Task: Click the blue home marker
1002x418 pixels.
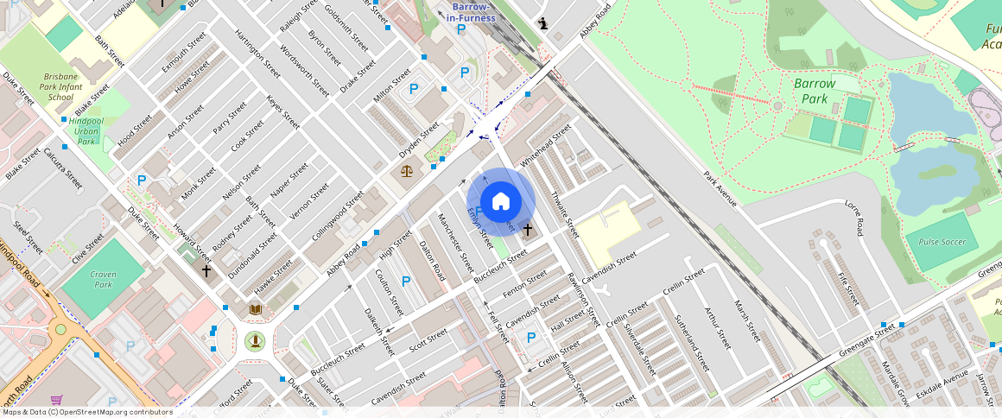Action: pyautogui.click(x=501, y=202)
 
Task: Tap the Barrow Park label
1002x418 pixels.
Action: pyautogui.click(x=815, y=91)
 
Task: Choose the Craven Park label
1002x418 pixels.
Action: pyautogui.click(x=103, y=278)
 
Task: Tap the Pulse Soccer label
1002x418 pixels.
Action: pyautogui.click(x=941, y=243)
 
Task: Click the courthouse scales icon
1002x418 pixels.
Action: pyautogui.click(x=407, y=170)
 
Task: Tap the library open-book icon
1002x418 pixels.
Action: pyautogui.click(x=255, y=308)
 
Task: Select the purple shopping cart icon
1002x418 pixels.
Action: pyautogui.click(x=57, y=400)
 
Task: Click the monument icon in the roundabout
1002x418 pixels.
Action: pyautogui.click(x=255, y=341)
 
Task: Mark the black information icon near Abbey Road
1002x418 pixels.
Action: pyautogui.click(x=542, y=23)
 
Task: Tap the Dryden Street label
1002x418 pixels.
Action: pyautogui.click(x=419, y=137)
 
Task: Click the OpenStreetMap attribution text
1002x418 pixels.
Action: pyautogui.click(x=86, y=412)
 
